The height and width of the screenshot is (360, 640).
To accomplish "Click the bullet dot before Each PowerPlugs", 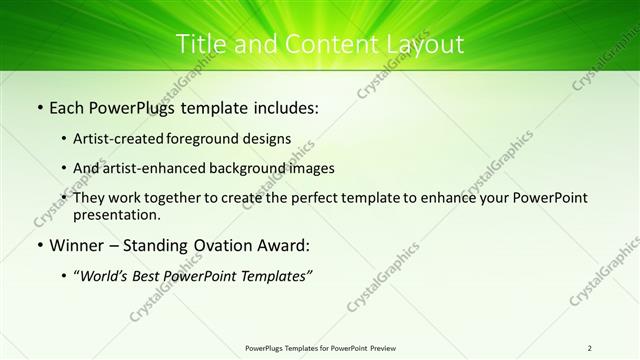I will (x=39, y=106).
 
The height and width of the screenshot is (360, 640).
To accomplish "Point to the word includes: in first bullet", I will (x=284, y=106).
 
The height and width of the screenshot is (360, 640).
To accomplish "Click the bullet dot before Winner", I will (x=39, y=245).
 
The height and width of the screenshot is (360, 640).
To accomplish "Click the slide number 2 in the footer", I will (x=590, y=348).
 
